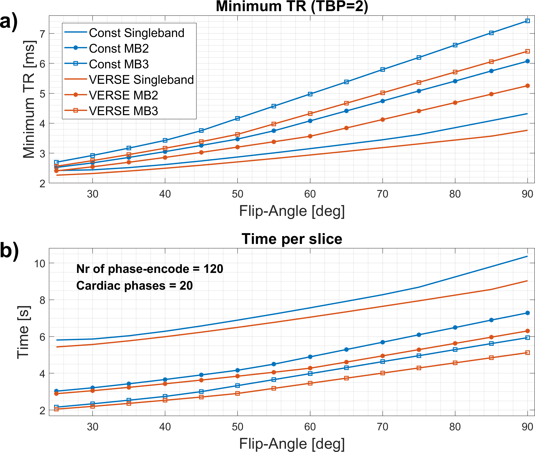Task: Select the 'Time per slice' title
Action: pyautogui.click(x=292, y=239)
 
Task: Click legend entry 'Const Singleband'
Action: pyautogui.click(x=137, y=33)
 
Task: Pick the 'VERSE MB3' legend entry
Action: pyautogui.click(x=123, y=111)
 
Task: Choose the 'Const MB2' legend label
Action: pyautogui.click(x=119, y=48)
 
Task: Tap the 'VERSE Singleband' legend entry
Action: pyautogui.click(x=141, y=80)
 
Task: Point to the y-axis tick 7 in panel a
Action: pyautogui.click(x=42, y=34)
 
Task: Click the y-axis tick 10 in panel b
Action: pyautogui.click(x=40, y=263)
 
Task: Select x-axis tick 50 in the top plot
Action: pyautogui.click(x=237, y=194)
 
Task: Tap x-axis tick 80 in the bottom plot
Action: pyautogui.click(x=455, y=427)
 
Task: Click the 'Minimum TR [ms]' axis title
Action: pyautogui.click(x=29, y=99)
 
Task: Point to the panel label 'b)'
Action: pyautogui.click(x=9, y=251)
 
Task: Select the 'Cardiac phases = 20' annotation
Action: pyautogui.click(x=134, y=285)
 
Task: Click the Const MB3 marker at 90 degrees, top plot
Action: pyautogui.click(x=527, y=21)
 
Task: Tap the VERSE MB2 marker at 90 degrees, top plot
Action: pyautogui.click(x=527, y=86)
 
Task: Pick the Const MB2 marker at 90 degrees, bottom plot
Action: pyautogui.click(x=527, y=313)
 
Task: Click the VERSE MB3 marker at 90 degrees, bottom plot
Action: pyautogui.click(x=527, y=353)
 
